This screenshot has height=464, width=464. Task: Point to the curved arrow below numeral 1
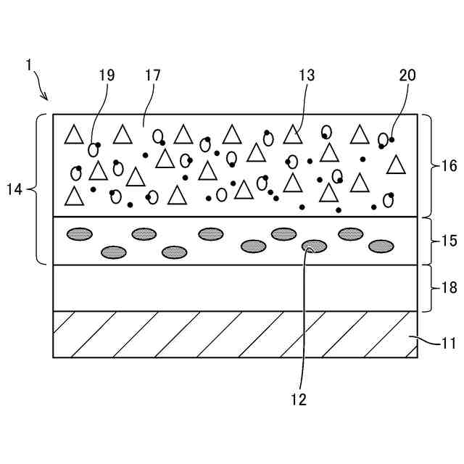(41, 88)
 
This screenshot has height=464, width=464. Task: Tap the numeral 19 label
(107, 75)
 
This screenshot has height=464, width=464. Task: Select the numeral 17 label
(152, 75)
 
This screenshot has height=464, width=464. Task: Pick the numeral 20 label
(407, 75)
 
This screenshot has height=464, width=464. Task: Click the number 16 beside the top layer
(448, 165)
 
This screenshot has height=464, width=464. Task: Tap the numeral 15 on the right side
(448, 241)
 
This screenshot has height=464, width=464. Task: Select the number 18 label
(448, 288)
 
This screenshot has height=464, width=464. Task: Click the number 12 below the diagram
(298, 399)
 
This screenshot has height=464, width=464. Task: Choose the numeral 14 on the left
(14, 190)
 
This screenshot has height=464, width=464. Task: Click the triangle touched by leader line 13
(292, 134)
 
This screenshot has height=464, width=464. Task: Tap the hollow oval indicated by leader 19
(93, 150)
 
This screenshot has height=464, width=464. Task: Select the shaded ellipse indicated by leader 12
(314, 246)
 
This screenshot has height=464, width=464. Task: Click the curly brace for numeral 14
(40, 190)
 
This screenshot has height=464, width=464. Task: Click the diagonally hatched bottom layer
(235, 334)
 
